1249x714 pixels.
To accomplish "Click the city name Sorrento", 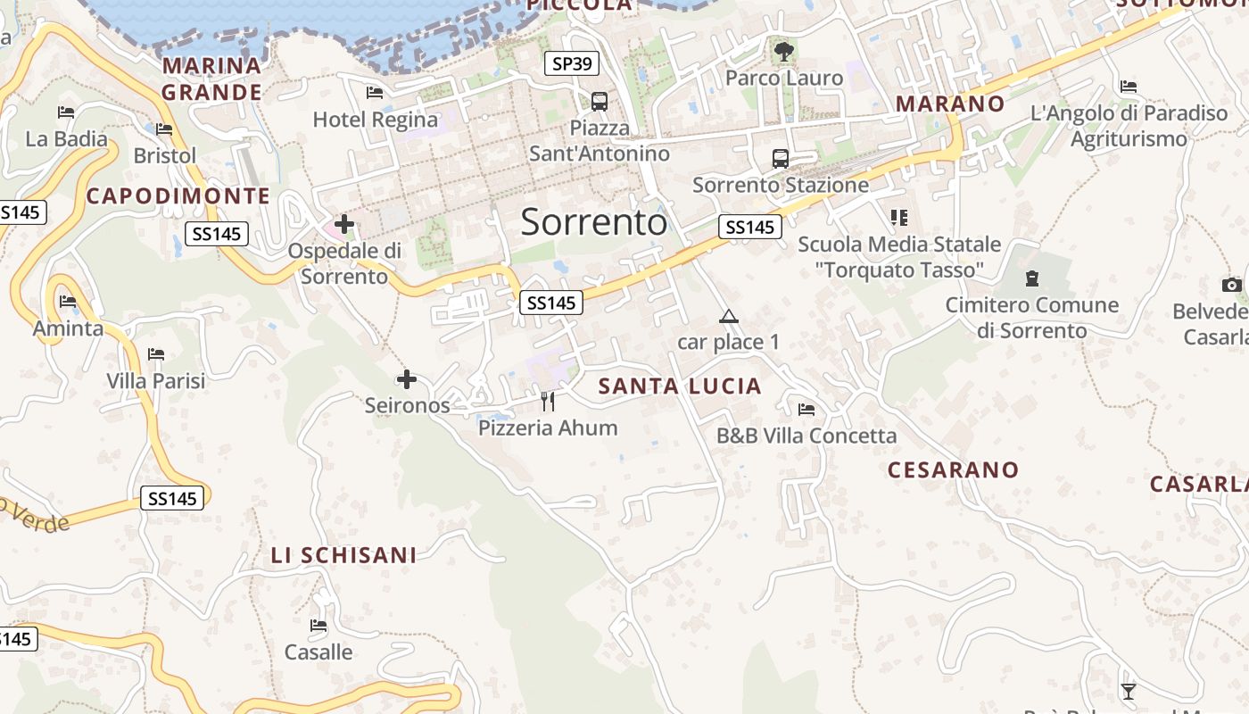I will (x=593, y=221).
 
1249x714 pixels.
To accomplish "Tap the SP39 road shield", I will (x=572, y=63).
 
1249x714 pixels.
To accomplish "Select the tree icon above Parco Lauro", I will (x=783, y=52).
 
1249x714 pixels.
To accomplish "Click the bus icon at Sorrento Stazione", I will (x=781, y=159).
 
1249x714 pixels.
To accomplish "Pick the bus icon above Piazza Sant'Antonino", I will (x=600, y=102).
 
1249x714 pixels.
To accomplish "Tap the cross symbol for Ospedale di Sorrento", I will (x=344, y=224).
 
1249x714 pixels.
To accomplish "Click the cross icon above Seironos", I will (x=407, y=380).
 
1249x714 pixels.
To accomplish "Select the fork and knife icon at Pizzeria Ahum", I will (x=548, y=402).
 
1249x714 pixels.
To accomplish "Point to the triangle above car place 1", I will (x=729, y=316).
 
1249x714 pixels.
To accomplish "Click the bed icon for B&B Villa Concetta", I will (x=806, y=410).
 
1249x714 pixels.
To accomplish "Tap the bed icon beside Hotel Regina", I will (x=375, y=93).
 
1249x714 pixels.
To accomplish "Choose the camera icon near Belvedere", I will (x=1232, y=285).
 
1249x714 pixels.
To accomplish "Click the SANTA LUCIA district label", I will (x=680, y=386).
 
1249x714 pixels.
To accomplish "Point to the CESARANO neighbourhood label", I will (x=953, y=469).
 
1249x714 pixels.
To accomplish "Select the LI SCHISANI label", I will (x=343, y=555).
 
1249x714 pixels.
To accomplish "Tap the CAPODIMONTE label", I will (x=178, y=195).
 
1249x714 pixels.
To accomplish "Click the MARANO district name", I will (x=950, y=104).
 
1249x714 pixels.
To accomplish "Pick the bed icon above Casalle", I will (x=318, y=626).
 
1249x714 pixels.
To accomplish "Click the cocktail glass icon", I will (x=1129, y=691).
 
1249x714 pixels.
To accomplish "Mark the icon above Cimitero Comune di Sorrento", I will (x=1032, y=278).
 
